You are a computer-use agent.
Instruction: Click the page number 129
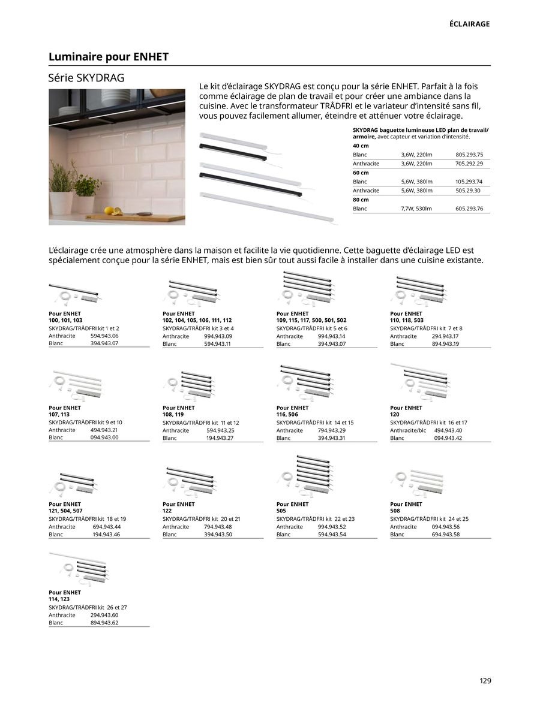[485, 680]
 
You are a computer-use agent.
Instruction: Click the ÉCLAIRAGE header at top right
[470, 24]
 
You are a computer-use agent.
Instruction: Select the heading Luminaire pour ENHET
[109, 57]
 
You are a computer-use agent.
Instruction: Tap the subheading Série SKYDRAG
[86, 78]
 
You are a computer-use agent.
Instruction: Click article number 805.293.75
[469, 155]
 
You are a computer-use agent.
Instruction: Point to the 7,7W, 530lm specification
[416, 209]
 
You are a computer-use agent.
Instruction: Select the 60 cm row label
[361, 173]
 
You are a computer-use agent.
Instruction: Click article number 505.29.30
[469, 191]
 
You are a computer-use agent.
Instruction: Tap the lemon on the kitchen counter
[110, 210]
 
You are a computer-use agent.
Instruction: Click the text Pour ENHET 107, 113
[64, 411]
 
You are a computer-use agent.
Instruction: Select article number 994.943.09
[218, 336]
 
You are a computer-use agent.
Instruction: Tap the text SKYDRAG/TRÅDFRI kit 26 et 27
[88, 607]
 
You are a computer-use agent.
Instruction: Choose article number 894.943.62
[104, 623]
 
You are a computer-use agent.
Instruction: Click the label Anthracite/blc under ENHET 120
[408, 430]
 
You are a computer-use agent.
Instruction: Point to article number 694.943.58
[445, 534]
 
